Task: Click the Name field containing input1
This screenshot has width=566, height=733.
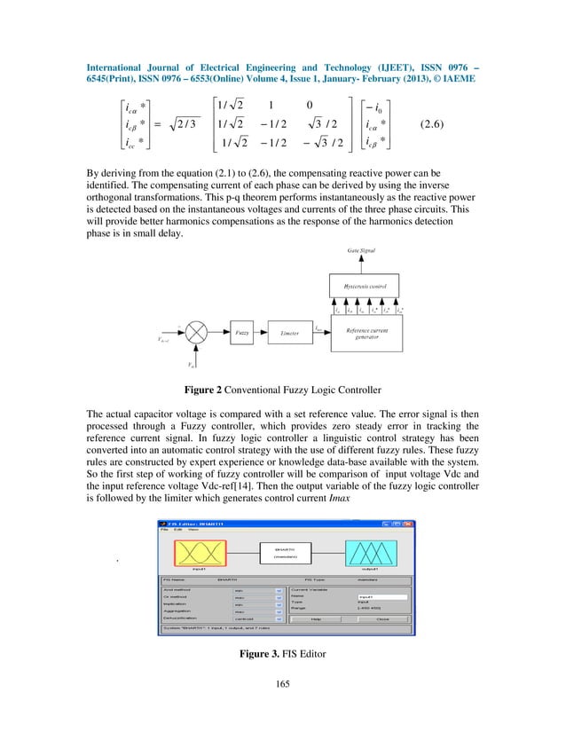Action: click(x=381, y=597)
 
